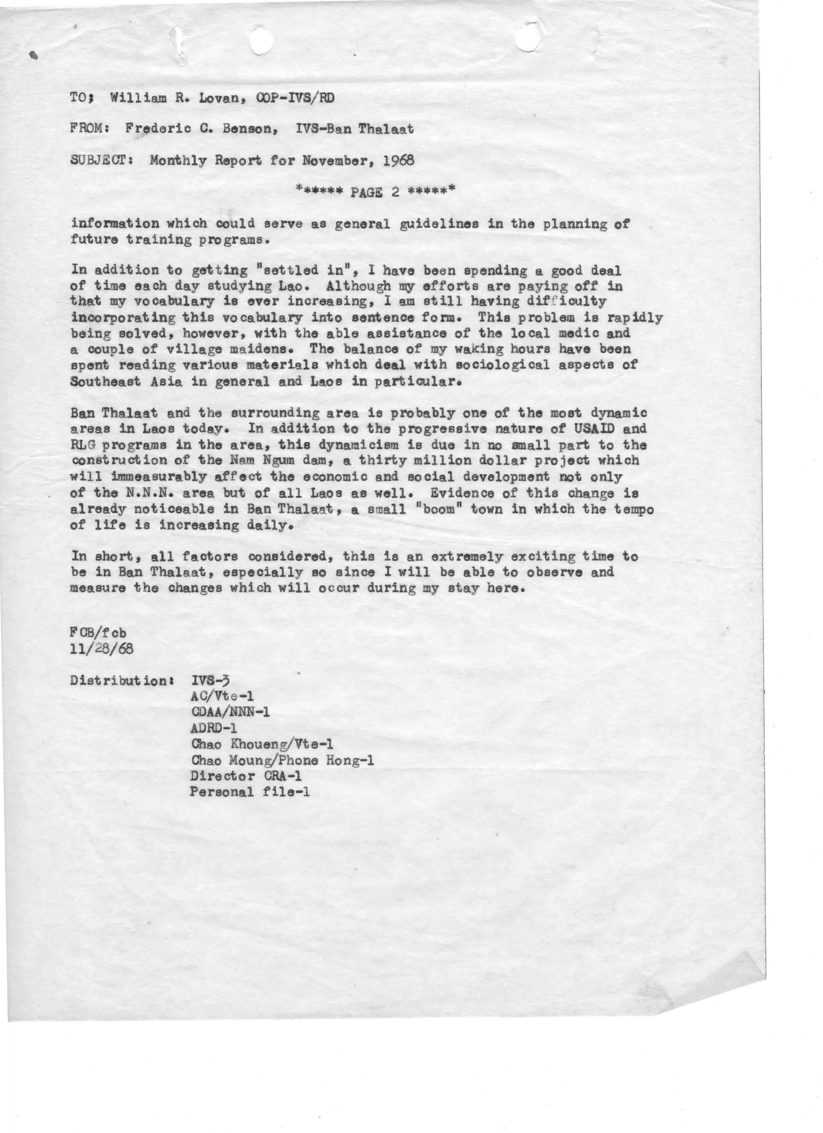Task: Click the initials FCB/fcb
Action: pyautogui.click(x=98, y=633)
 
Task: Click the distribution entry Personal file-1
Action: pyautogui.click(x=250, y=792)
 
